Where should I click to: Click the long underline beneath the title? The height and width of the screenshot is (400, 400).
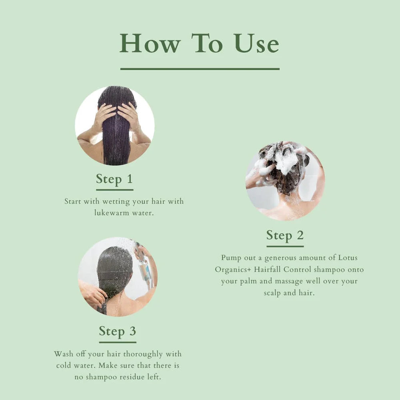point(200,69)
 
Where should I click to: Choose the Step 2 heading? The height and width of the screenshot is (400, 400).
point(285,235)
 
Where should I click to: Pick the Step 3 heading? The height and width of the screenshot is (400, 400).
point(118,331)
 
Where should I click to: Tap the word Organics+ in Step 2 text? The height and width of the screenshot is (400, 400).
point(233,270)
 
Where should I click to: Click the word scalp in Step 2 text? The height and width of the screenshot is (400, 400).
point(274,293)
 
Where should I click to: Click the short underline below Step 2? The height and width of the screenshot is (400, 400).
point(285,246)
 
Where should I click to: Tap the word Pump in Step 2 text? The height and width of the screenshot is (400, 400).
point(231,258)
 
